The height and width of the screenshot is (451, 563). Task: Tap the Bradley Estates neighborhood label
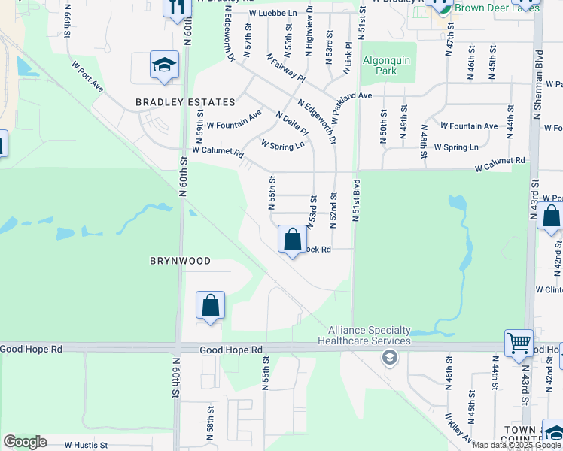tap(185, 102)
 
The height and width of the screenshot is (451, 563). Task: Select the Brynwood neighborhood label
tap(179, 261)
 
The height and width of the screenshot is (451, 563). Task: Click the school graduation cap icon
tap(163, 66)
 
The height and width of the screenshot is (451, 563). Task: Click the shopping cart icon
tap(519, 343)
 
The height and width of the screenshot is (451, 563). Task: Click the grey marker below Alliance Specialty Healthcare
tap(389, 357)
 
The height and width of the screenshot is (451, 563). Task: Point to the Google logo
tap(25, 442)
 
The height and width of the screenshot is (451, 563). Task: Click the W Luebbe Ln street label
tap(273, 14)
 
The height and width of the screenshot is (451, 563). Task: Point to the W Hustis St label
tap(86, 445)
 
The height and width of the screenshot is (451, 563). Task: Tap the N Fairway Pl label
tap(285, 68)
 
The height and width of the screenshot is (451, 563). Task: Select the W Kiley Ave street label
tap(458, 428)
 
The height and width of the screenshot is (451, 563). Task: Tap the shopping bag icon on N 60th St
tap(211, 306)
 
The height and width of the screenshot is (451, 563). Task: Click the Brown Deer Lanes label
tap(498, 8)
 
